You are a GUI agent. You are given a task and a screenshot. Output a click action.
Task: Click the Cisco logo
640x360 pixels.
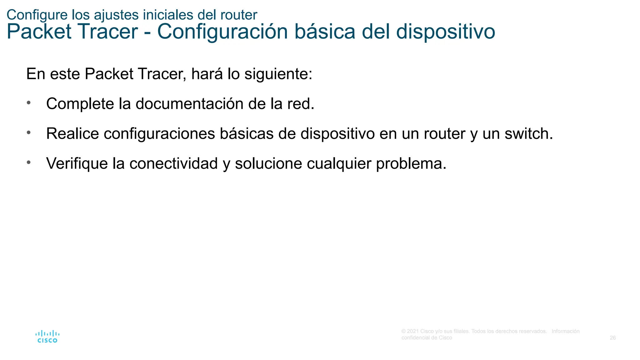[x=47, y=337]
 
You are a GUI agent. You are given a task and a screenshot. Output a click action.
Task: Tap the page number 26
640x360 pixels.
[x=612, y=338]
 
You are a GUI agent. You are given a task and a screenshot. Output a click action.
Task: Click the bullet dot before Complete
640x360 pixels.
[x=29, y=102]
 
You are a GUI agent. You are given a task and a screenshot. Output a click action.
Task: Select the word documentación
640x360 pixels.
[x=189, y=104]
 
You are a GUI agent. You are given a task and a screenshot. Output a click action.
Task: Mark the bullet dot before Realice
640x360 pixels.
[x=29, y=132]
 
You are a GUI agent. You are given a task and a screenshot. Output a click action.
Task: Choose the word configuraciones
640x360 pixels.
[x=159, y=134]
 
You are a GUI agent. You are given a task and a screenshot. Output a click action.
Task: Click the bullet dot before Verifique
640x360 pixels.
[x=29, y=162]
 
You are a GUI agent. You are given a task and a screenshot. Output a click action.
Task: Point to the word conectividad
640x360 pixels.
[x=173, y=164]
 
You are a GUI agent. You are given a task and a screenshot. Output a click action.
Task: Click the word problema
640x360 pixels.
[x=411, y=164]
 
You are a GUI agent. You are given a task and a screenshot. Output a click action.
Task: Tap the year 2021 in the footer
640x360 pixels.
[x=413, y=331]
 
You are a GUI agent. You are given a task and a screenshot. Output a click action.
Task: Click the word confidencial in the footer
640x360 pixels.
[x=415, y=338]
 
